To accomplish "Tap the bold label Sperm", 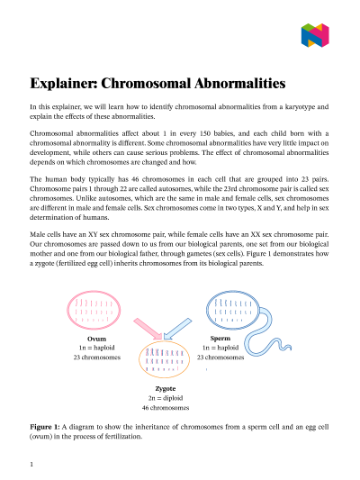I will pos(220,338).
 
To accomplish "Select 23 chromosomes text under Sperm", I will pos(220,358).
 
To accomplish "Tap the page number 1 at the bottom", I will pos(31,465).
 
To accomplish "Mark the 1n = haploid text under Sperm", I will pos(220,348).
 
